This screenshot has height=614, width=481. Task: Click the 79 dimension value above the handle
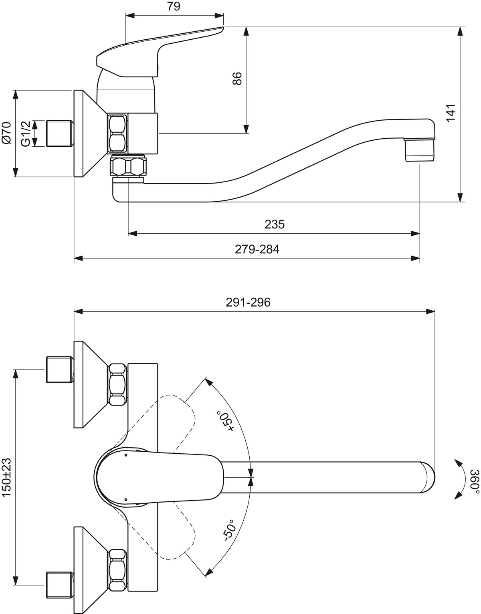point(174,6)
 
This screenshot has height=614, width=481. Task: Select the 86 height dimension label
point(237,78)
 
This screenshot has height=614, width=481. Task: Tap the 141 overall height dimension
point(451,113)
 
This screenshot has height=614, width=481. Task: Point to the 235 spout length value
point(275,224)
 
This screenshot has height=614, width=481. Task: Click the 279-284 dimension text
point(257,249)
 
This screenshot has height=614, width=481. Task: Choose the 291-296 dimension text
point(248,302)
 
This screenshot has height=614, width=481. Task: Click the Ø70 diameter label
point(6,133)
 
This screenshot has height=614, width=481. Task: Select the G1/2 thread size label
point(26,133)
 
